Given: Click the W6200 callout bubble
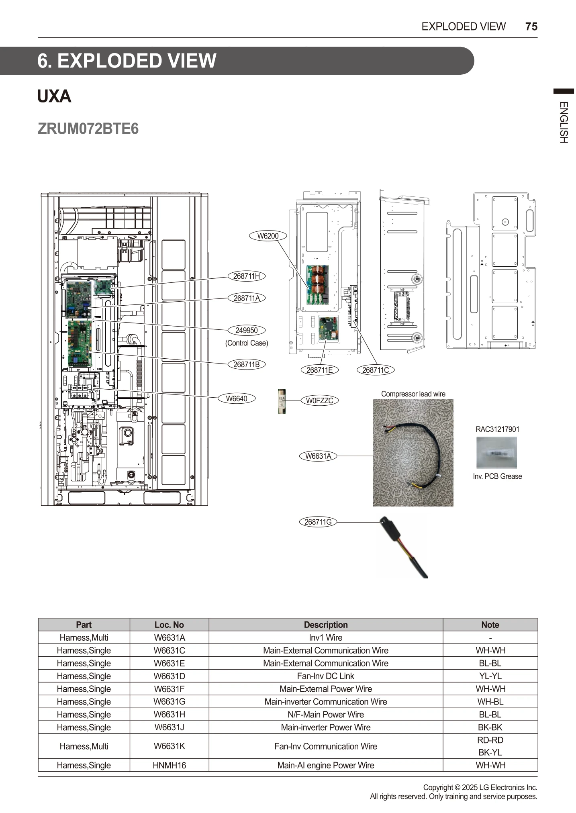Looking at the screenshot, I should pyautogui.click(x=268, y=236).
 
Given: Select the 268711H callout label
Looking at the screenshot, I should pyautogui.click(x=247, y=276).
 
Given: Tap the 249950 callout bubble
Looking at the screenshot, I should pyautogui.click(x=247, y=330).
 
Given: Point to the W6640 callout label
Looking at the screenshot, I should pyautogui.click(x=236, y=398).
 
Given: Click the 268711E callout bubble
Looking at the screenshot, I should pyautogui.click(x=319, y=370).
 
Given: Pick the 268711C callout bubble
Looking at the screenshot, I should pyautogui.click(x=376, y=370).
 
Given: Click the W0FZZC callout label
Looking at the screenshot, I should pyautogui.click(x=320, y=400).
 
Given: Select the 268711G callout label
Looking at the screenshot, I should pyautogui.click(x=318, y=522).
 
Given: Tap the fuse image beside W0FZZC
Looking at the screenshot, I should pyautogui.click(x=282, y=401).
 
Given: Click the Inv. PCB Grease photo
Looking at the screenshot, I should pyautogui.click(x=496, y=453).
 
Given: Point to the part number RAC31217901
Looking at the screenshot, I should pyautogui.click(x=497, y=429).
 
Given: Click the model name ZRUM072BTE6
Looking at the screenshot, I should pyautogui.click(x=88, y=129).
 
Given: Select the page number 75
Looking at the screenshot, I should pyautogui.click(x=531, y=27).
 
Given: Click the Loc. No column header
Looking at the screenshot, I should pyautogui.click(x=169, y=625).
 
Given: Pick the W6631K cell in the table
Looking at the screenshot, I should pyautogui.click(x=169, y=746).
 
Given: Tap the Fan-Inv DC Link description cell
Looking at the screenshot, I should pyautogui.click(x=325, y=676).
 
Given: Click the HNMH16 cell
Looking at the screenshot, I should pyautogui.click(x=169, y=765).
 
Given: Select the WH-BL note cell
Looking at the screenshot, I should pyautogui.click(x=490, y=702).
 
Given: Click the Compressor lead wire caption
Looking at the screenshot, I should pyautogui.click(x=413, y=394).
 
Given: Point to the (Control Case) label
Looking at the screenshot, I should pyautogui.click(x=247, y=343).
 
